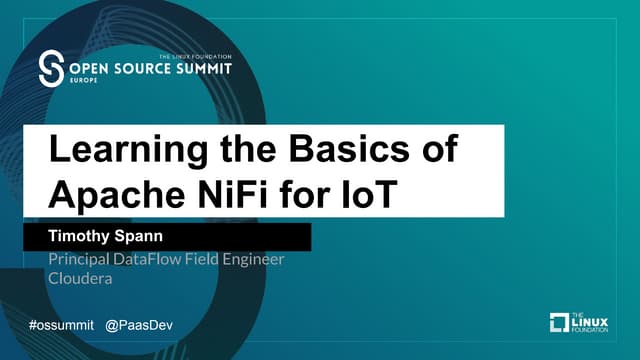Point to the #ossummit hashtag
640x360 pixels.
(62, 326)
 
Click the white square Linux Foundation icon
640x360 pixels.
(561, 321)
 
